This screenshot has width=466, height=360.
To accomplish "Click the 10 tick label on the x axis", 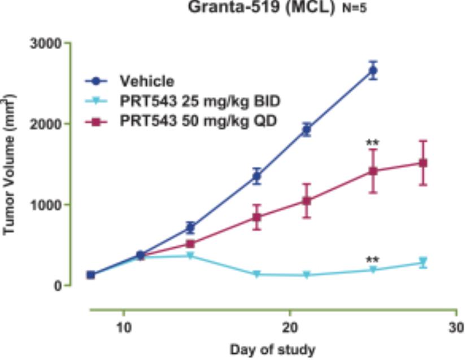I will (124, 327).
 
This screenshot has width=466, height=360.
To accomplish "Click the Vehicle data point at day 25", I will (373, 71).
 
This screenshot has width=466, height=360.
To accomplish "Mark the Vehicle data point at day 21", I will (306, 130).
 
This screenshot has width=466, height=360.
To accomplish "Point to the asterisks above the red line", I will (372, 142).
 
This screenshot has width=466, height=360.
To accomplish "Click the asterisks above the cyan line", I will (372, 260).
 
